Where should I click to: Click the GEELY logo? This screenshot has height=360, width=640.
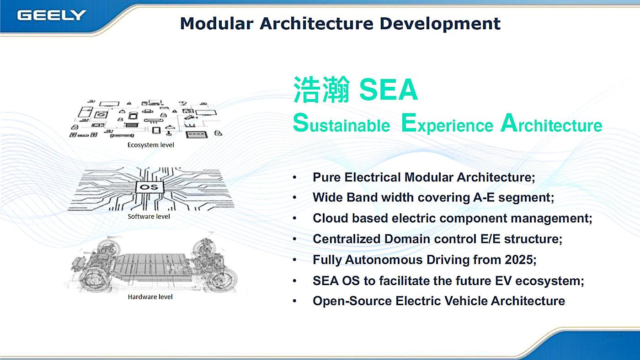(51, 15)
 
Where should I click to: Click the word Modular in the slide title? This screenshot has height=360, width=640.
(217, 23)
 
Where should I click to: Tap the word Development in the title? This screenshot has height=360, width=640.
(440, 24)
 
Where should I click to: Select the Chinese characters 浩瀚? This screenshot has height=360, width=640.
(321, 90)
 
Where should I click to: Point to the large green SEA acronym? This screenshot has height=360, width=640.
(388, 90)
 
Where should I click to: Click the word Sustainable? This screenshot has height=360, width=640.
(341, 123)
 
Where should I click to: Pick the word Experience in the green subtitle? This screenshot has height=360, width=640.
(447, 123)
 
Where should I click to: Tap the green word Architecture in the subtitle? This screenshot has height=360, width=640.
(551, 123)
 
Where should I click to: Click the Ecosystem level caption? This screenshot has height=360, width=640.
(150, 145)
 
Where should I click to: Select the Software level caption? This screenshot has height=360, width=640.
(149, 217)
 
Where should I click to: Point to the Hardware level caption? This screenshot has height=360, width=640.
(150, 297)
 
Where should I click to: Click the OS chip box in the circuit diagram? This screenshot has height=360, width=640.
(149, 187)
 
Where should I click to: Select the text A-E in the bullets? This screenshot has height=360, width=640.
(484, 197)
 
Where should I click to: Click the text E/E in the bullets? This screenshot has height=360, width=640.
(490, 239)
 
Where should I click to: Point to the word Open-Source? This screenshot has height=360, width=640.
(352, 301)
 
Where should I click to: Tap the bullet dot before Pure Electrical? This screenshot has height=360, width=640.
(294, 178)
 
